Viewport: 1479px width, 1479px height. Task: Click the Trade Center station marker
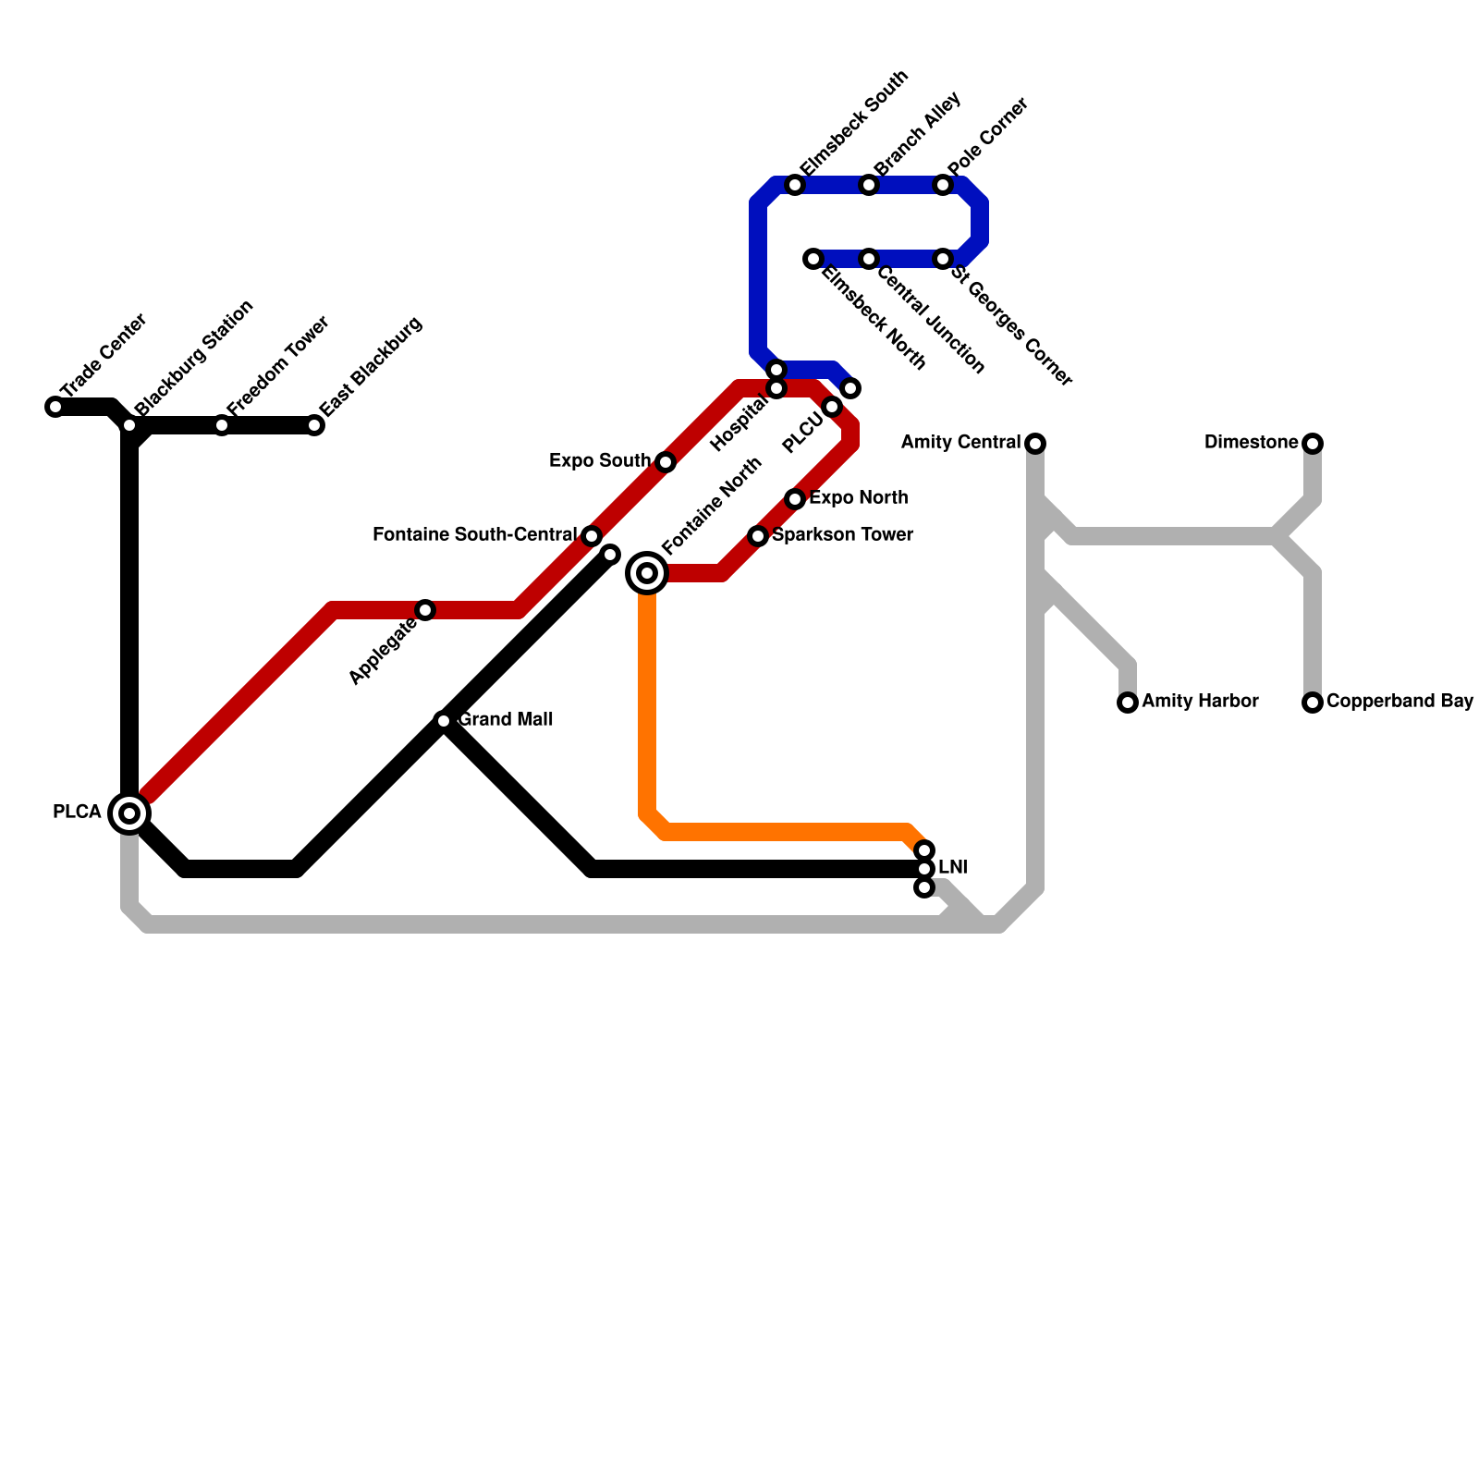click(x=55, y=407)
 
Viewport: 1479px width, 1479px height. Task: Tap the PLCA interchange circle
click(x=130, y=813)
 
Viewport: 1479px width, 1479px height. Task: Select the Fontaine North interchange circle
click(x=648, y=573)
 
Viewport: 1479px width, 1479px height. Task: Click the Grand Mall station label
click(x=507, y=720)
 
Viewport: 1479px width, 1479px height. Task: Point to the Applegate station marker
click(x=425, y=610)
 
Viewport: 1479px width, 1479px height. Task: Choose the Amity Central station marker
click(x=1036, y=444)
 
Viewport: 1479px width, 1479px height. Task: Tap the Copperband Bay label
click(x=1400, y=702)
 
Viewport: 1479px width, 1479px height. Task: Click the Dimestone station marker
click(x=1313, y=444)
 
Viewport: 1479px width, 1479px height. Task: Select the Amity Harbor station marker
click(x=1128, y=703)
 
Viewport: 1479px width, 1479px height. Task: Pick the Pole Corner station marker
click(x=943, y=185)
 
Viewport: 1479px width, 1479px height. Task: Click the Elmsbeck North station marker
click(x=813, y=259)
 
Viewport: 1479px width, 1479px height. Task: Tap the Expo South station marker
click(x=666, y=462)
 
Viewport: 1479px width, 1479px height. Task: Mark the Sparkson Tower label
click(x=842, y=535)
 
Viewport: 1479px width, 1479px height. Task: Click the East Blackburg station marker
click(x=315, y=425)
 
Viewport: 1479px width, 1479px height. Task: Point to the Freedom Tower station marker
click(x=222, y=425)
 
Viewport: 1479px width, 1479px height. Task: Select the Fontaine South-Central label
click(x=474, y=535)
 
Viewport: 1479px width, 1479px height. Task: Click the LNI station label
click(x=952, y=868)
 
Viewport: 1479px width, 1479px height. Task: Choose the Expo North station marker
click(x=795, y=499)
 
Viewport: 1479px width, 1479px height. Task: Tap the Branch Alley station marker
click(x=869, y=185)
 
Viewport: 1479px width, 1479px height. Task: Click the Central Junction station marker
click(x=869, y=259)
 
